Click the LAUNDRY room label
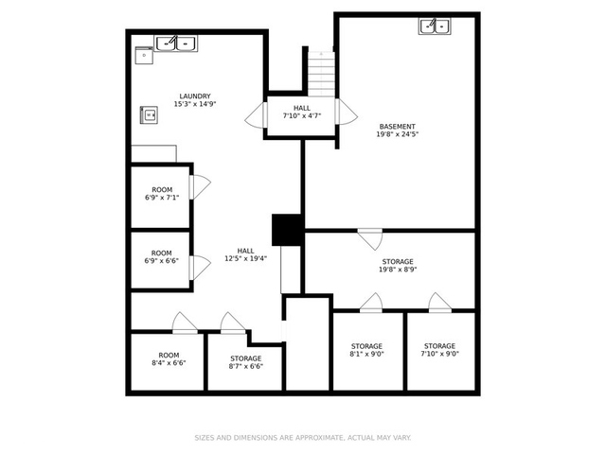pyautogui.click(x=195, y=96)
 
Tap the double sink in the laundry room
pyautogui.click(x=176, y=44)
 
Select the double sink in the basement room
pyautogui.click(x=435, y=26)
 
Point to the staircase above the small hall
pyautogui.click(x=321, y=74)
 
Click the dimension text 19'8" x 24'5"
pyautogui.click(x=398, y=134)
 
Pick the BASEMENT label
pyautogui.click(x=398, y=127)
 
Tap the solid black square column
pyautogui.click(x=287, y=230)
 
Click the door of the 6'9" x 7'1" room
pyautogui.click(x=200, y=187)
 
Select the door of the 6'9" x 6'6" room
pyautogui.click(x=200, y=268)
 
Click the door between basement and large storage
pyautogui.click(x=370, y=239)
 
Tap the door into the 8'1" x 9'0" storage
pyautogui.click(x=371, y=303)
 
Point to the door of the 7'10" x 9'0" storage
pyautogui.click(x=439, y=303)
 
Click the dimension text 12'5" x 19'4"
pyautogui.click(x=246, y=258)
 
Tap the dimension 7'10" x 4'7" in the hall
pyautogui.click(x=302, y=115)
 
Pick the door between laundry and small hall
pyautogui.click(x=256, y=115)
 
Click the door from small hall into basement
pyautogui.click(x=347, y=112)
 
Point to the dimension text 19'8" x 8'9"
pyautogui.click(x=398, y=270)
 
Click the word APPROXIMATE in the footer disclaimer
pyautogui.click(x=319, y=438)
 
